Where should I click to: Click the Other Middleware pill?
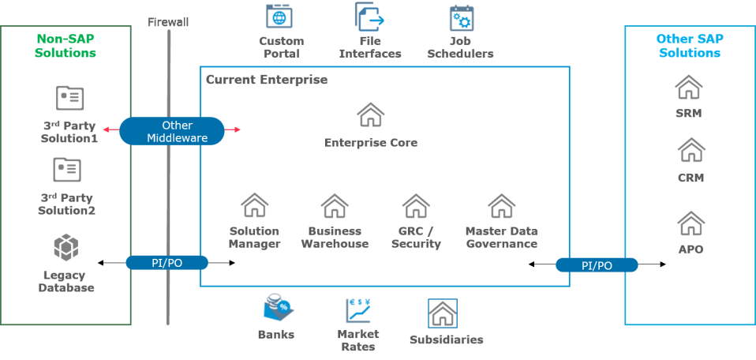[171, 132]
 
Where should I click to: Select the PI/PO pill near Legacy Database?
[167, 262]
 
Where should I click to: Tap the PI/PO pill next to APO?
[596, 265]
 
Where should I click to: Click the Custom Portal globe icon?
[279, 17]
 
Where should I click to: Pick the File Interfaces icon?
[369, 17]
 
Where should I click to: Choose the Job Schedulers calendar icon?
[462, 17]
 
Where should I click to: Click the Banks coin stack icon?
[278, 307]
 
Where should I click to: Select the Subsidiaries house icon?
[442, 313]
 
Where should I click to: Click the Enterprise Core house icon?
[370, 115]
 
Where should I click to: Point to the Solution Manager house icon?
[253, 206]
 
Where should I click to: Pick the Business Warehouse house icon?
[335, 206]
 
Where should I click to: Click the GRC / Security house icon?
[415, 206]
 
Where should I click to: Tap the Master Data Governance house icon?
[501, 206]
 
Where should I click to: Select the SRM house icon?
[689, 87]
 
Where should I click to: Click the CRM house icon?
[691, 150]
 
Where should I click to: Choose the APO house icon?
[691, 223]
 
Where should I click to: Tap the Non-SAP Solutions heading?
[66, 46]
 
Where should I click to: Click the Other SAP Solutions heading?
[689, 46]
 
